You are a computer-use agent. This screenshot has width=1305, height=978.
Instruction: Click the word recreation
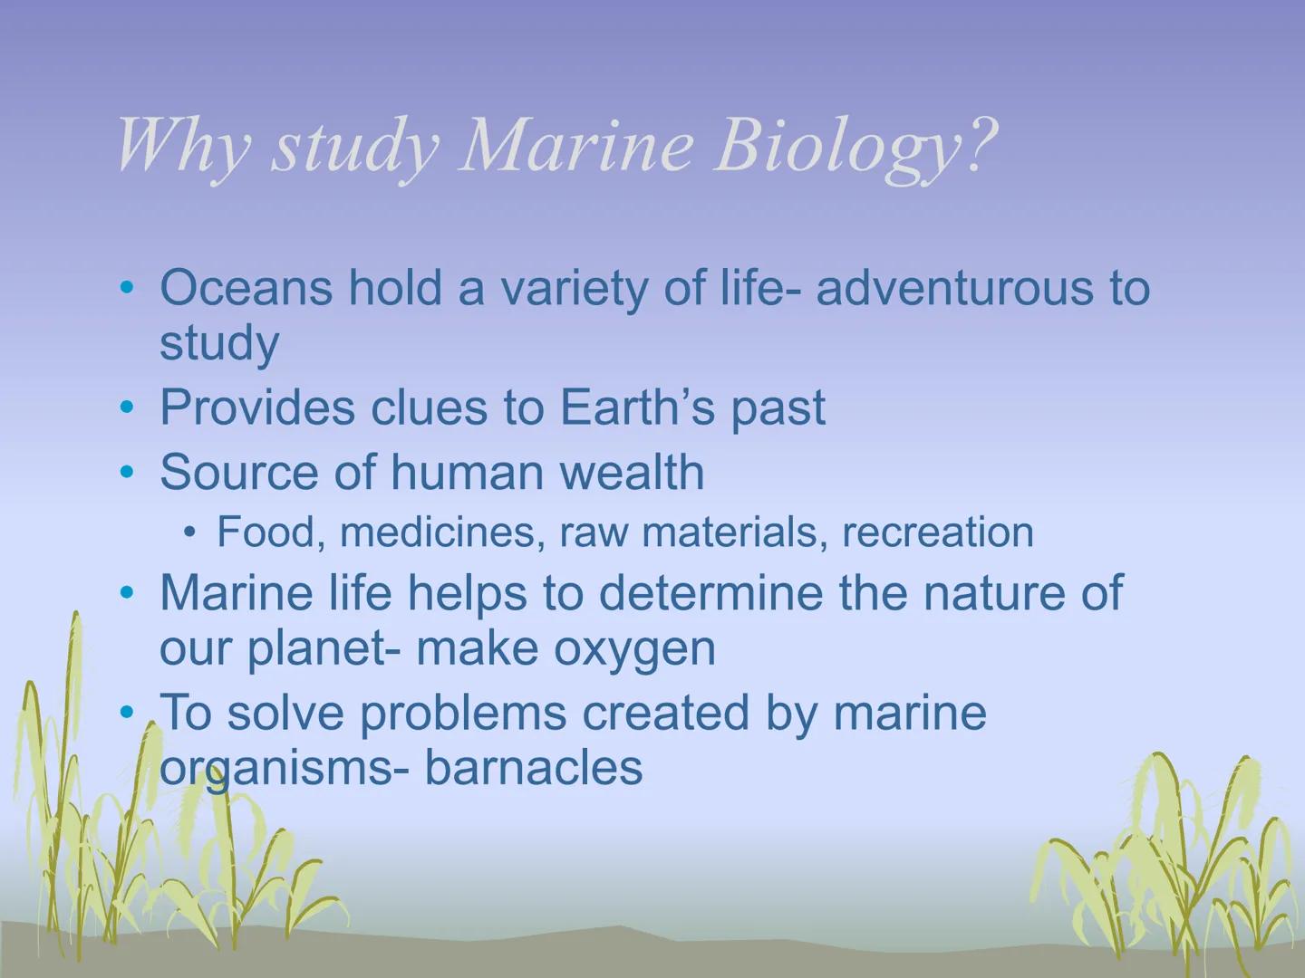pos(938,532)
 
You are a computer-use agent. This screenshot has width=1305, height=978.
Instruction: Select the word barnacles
pos(534,768)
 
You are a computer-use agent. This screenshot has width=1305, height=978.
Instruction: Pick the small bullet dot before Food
pos(189,533)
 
